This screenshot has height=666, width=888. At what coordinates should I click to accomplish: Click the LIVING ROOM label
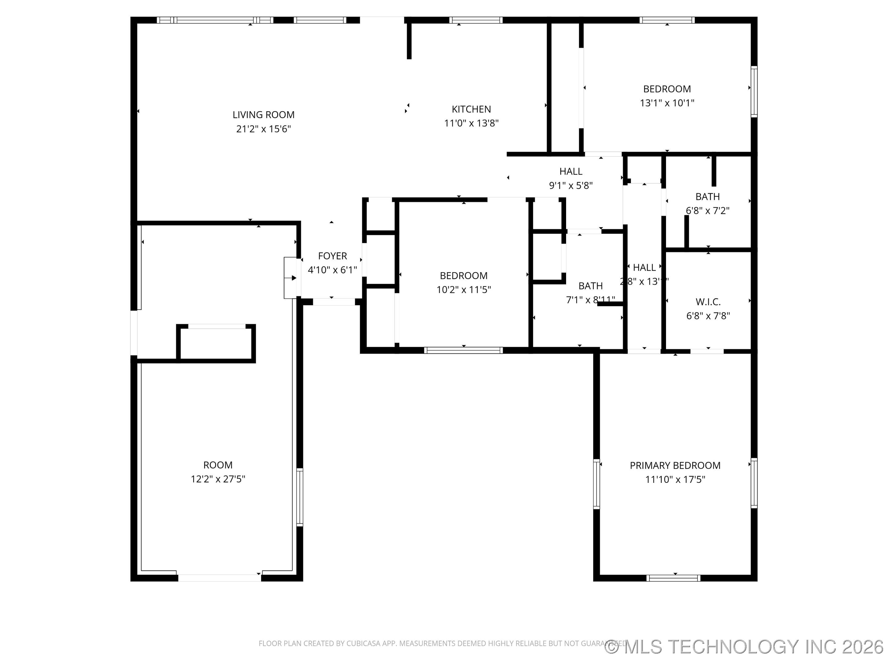point(263,115)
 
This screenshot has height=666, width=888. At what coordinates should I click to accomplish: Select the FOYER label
point(332,256)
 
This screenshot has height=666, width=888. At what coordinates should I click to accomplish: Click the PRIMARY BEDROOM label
point(675,465)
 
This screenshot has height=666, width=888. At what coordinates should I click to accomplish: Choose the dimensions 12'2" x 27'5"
point(218,479)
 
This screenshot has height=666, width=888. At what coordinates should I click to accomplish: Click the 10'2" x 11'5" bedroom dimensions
point(464,290)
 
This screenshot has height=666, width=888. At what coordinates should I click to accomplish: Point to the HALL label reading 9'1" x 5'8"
point(570,171)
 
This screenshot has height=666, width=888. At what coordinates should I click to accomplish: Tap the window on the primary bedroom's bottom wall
point(673,578)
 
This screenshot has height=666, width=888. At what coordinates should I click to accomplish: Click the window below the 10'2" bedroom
point(463,350)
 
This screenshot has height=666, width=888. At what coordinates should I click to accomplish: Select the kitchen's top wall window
point(476,20)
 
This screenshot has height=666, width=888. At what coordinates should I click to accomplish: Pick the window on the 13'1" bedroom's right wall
point(754,92)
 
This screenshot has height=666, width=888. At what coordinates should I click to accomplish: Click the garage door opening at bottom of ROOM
point(220,578)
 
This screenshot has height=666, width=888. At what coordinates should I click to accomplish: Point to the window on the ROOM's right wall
point(299,497)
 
